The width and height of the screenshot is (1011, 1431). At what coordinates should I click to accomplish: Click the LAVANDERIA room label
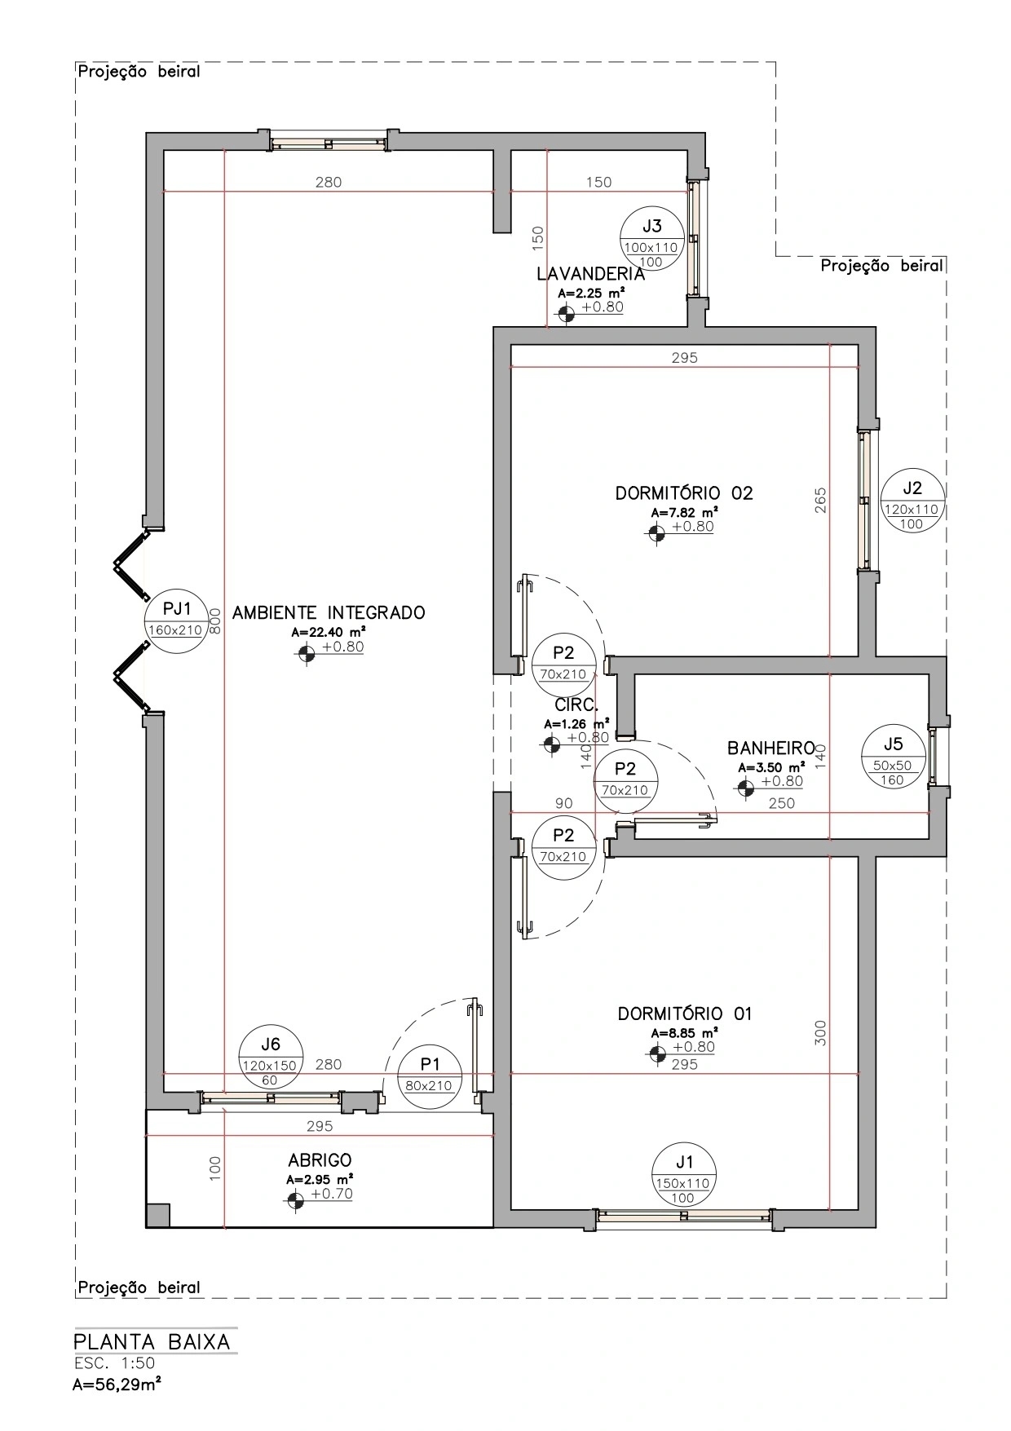[590, 274]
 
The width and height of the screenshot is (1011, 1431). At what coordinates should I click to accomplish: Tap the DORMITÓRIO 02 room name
[684, 493]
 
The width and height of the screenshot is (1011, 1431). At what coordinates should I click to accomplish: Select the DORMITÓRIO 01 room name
[685, 1014]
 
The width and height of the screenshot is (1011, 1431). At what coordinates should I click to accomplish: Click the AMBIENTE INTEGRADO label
[329, 612]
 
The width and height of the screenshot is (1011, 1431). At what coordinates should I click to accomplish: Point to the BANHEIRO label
[771, 748]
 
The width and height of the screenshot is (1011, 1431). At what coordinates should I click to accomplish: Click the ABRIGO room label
[320, 1159]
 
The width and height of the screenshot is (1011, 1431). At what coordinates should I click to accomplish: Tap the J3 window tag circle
[651, 239]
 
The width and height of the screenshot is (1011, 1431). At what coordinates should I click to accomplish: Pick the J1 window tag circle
[683, 1174]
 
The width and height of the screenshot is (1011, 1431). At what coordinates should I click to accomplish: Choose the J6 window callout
[270, 1057]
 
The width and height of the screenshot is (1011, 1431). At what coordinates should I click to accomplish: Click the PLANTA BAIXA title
[152, 1341]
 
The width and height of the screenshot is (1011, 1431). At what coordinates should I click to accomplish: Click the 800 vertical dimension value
[215, 621]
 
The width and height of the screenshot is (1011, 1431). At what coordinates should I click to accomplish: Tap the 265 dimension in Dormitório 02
[821, 501]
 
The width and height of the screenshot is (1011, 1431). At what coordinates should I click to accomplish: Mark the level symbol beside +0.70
[295, 1199]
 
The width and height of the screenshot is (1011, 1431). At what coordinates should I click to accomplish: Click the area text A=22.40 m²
[328, 632]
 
